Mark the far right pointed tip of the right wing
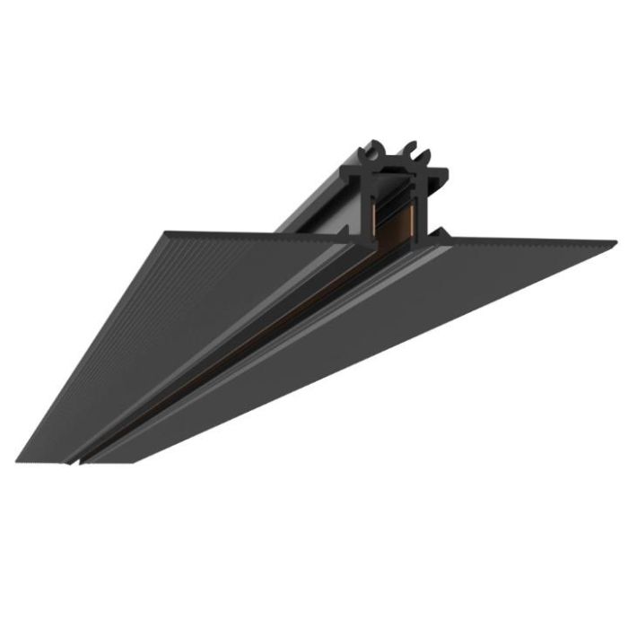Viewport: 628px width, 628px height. [x=615, y=242]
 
